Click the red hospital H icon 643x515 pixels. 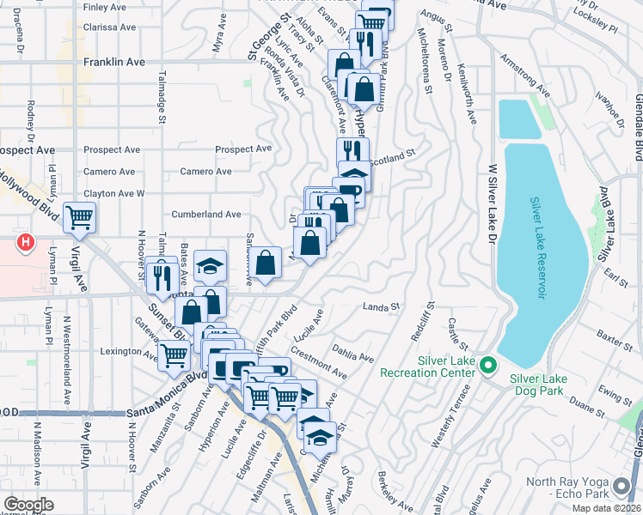coord(26,243)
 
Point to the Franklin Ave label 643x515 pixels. coord(114,63)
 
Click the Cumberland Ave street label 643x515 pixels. coord(206,214)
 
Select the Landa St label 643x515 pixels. coord(383,306)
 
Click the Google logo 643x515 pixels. coord(28,505)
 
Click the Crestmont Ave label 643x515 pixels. coord(318,363)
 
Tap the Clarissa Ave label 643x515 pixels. coord(110,27)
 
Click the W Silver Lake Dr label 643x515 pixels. coord(493,181)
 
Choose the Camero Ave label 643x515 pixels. coord(205,172)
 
